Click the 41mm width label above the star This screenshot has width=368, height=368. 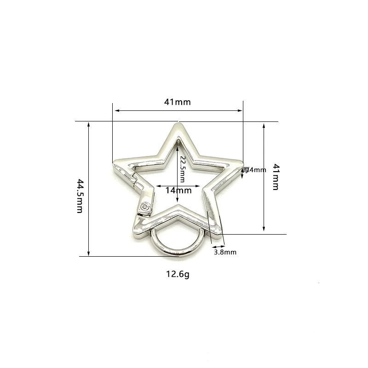178,102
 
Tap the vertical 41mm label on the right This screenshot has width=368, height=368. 276,177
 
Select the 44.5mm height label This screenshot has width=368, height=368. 80,196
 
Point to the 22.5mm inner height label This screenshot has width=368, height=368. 182,169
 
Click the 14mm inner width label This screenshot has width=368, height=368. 178,190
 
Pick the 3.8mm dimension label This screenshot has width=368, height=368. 225,252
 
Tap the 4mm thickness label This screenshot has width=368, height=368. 255,170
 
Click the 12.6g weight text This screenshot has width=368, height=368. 178,274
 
